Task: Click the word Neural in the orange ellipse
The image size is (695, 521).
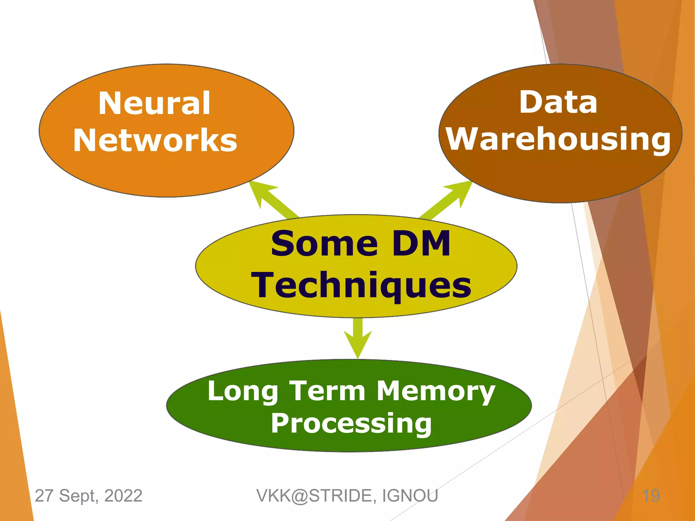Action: (x=154, y=103)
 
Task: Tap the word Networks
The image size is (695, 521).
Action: (x=155, y=140)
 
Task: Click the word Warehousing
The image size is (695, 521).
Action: (x=558, y=139)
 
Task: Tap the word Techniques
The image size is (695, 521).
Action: (x=361, y=285)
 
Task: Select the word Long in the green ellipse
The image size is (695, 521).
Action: (x=243, y=391)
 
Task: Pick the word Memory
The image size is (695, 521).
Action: (x=436, y=391)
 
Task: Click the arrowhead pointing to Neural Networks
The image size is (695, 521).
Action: (x=261, y=192)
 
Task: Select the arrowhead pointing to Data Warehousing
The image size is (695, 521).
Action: (x=460, y=191)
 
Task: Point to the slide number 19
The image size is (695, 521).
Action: (x=651, y=496)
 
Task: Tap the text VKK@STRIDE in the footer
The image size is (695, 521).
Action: (x=316, y=496)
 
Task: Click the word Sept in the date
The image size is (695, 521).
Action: (x=78, y=496)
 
